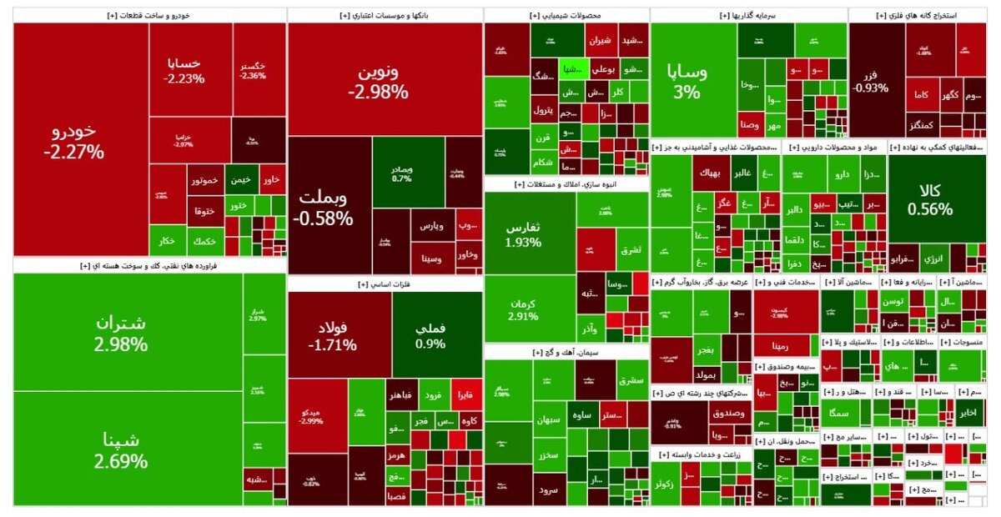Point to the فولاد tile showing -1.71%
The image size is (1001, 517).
[x=339, y=334]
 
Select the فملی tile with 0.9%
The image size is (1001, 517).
[x=430, y=334]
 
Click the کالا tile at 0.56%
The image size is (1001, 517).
[x=929, y=200]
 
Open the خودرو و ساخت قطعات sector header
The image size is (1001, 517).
[x=149, y=15]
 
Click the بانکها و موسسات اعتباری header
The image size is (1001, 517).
[x=385, y=15]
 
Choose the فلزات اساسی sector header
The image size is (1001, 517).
[x=385, y=284]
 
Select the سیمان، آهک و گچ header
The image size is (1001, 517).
[x=566, y=353]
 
